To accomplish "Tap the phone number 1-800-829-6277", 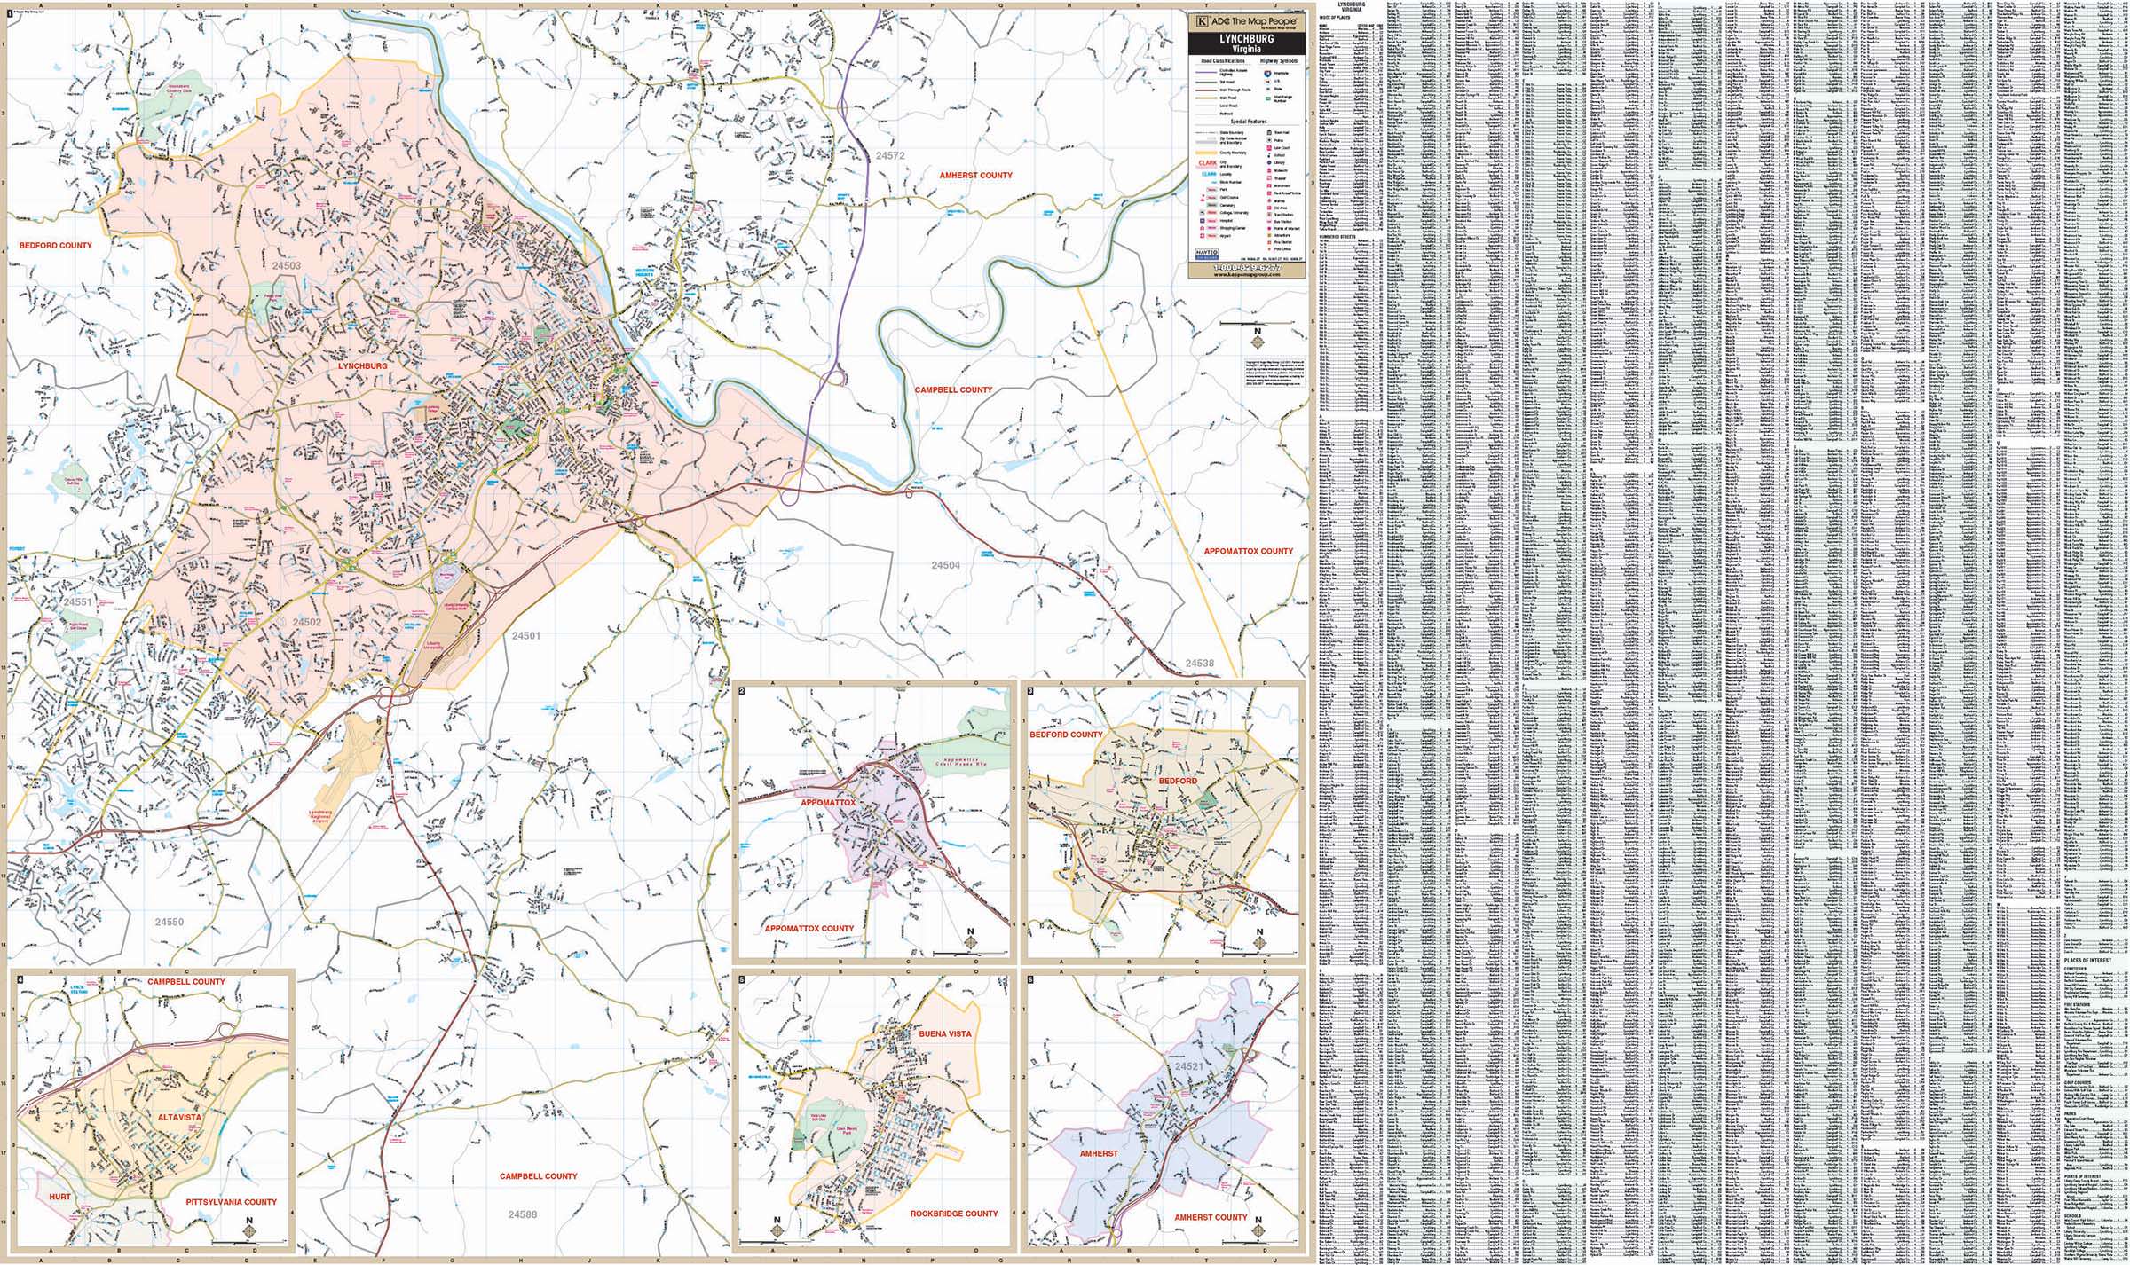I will (x=1248, y=266).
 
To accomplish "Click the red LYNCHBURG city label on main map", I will (x=362, y=365).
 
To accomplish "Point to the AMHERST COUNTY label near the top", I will (x=975, y=176).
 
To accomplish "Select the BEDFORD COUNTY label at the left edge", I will (x=55, y=246).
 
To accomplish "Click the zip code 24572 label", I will (x=889, y=155).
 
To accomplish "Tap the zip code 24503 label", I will (x=287, y=265).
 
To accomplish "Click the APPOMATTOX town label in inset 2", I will (x=828, y=802).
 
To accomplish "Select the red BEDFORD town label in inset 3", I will (x=1178, y=781).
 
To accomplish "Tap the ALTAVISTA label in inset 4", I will (x=180, y=1117).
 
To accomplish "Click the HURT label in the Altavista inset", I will (x=60, y=1197).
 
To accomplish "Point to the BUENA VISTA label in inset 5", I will (x=945, y=1033).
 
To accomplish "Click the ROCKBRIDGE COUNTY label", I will (x=954, y=1214).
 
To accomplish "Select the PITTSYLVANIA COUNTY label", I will (x=231, y=1202).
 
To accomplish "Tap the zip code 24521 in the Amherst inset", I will (x=1188, y=1066).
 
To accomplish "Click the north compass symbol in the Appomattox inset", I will (x=970, y=939).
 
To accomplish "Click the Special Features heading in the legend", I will (x=1248, y=122).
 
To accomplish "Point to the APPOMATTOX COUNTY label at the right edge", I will (x=1248, y=551).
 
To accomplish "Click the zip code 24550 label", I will (x=169, y=922).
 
